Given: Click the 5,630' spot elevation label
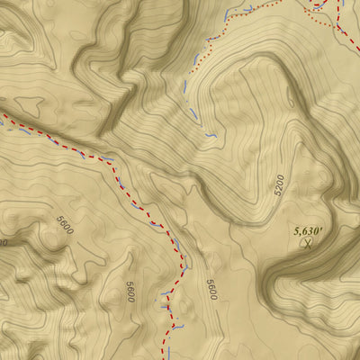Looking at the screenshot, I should [309, 229].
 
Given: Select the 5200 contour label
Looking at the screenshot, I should [279, 185].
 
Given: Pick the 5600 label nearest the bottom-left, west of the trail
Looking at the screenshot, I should [130, 292].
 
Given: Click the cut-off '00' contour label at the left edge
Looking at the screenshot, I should [4, 242].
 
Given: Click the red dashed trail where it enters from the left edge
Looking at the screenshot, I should [3, 115].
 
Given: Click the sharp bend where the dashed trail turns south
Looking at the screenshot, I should [183, 261].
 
